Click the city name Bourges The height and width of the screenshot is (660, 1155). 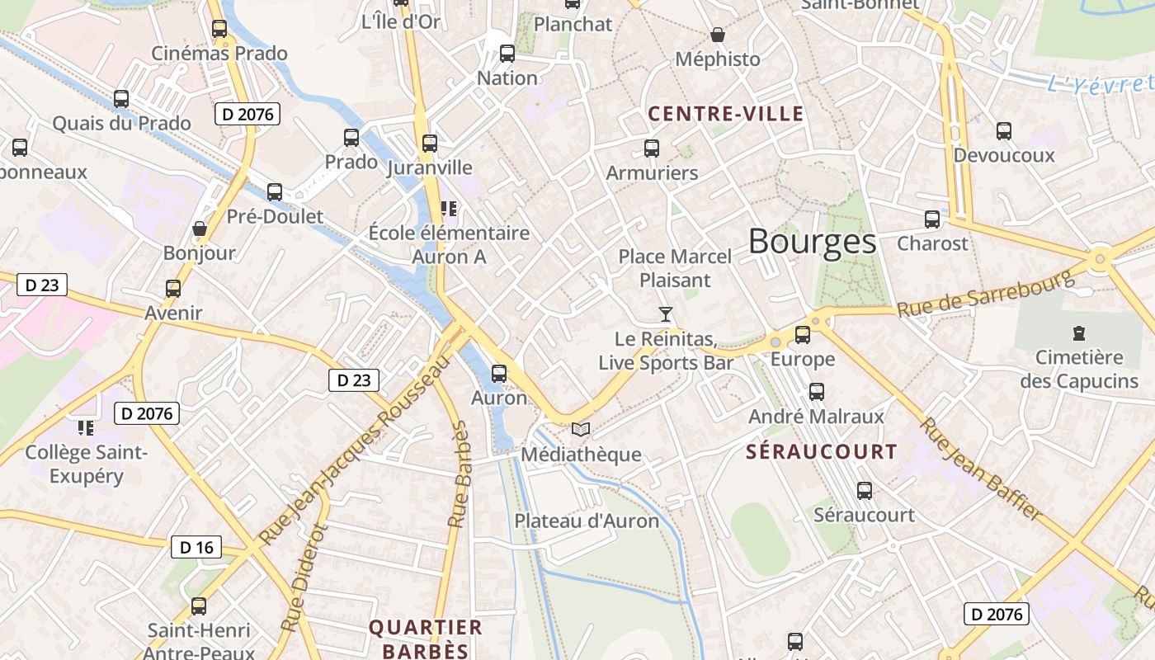pyautogui.click(x=812, y=242)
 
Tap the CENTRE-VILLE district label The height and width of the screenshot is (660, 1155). pyautogui.click(x=725, y=114)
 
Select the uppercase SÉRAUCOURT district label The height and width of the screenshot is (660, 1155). pyautogui.click(x=821, y=452)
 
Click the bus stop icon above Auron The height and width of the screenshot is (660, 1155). pyautogui.click(x=499, y=373)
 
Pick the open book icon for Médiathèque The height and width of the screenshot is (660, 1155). pyautogui.click(x=581, y=430)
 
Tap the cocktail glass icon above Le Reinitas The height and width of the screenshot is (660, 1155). pyautogui.click(x=666, y=313)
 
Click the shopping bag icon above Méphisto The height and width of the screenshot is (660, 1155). pyautogui.click(x=718, y=35)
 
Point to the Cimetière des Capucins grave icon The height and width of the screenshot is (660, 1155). pyautogui.click(x=1078, y=333)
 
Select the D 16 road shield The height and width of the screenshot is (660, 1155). pyautogui.click(x=196, y=547)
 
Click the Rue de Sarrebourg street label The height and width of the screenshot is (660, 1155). pyautogui.click(x=985, y=295)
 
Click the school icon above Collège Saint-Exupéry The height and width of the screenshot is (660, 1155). pyautogui.click(x=86, y=427)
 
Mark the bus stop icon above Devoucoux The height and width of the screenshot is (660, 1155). pyautogui.click(x=1003, y=130)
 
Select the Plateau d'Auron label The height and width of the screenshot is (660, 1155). pyautogui.click(x=587, y=521)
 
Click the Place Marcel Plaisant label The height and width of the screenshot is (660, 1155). pyautogui.click(x=675, y=268)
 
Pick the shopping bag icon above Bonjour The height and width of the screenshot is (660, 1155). pyautogui.click(x=199, y=229)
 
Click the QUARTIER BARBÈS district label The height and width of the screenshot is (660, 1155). pyautogui.click(x=425, y=639)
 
